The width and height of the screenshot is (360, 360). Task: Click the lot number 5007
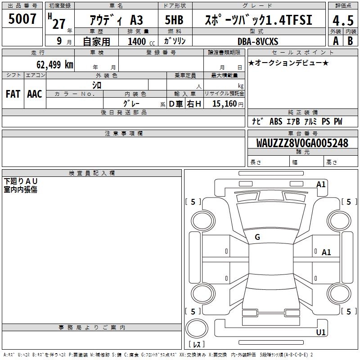[x=22, y=18]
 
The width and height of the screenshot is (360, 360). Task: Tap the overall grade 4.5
[x=343, y=20]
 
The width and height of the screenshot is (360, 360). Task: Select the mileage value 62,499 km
[x=55, y=64]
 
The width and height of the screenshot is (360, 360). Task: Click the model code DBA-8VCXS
[x=258, y=41]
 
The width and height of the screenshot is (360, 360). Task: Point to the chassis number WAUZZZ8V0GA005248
[x=302, y=143]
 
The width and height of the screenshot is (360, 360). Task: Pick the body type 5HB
[x=174, y=20]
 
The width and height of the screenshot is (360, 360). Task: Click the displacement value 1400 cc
[x=141, y=41]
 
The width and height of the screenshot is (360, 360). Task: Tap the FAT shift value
[x=13, y=94]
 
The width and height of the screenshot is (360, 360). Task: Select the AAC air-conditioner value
[x=35, y=94]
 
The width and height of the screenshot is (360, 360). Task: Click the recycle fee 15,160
[x=225, y=103]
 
